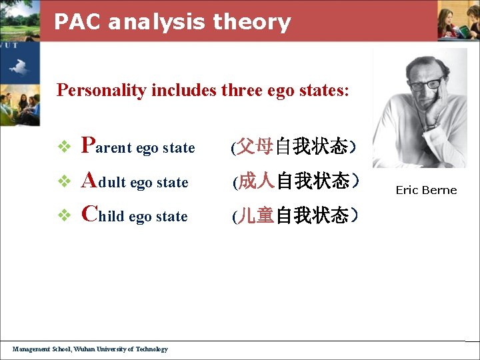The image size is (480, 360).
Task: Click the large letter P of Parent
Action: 87,145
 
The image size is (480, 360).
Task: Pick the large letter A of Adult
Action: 89,179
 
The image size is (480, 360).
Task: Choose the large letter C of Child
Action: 89,213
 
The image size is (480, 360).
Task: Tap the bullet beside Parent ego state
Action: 65,147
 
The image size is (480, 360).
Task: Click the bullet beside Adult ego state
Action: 65,181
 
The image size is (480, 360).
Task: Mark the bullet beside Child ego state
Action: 65,215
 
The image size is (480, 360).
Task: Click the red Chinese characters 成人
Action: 257,181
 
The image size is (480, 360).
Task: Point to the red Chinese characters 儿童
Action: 257,215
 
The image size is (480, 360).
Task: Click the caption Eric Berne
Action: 426,190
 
